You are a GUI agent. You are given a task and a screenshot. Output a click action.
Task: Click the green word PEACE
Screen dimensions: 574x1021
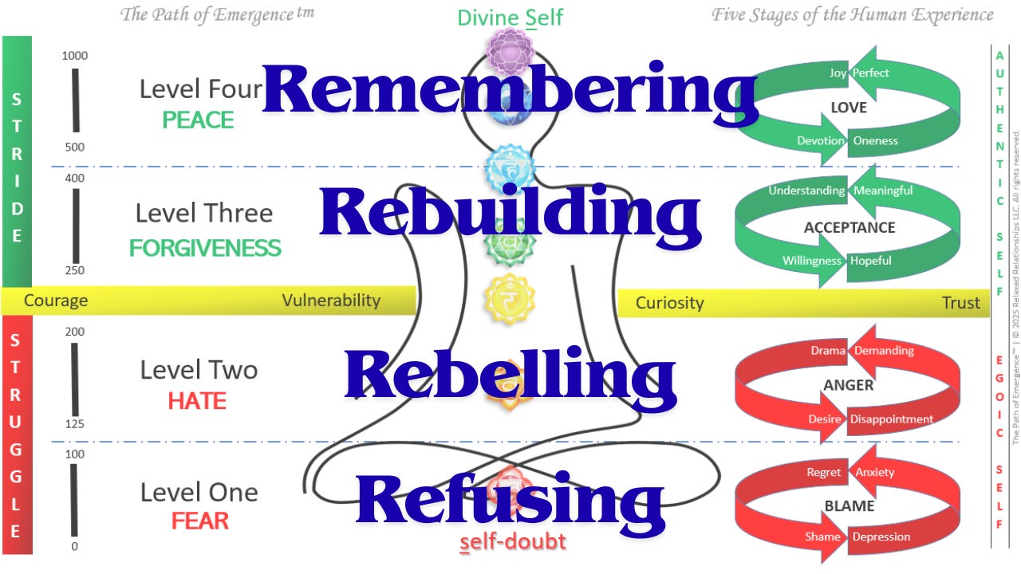198,120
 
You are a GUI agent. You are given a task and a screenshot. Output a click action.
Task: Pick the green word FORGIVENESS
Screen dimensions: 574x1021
205,248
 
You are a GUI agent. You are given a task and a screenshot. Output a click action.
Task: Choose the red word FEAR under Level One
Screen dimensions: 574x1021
199,521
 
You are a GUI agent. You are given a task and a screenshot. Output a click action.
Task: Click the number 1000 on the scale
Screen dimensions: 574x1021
75,56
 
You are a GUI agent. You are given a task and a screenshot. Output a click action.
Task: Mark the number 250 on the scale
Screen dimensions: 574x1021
75,270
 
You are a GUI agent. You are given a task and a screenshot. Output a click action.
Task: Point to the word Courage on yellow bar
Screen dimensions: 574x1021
56,301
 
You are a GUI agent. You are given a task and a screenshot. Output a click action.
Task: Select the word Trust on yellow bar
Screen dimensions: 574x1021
960,303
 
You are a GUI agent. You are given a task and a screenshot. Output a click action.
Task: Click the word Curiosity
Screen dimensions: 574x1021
669,303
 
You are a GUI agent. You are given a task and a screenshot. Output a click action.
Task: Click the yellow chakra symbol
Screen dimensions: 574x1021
510,299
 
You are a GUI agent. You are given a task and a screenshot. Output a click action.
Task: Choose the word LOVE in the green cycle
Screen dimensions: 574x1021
848,108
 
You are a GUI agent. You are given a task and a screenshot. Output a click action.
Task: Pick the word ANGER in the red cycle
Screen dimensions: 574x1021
848,385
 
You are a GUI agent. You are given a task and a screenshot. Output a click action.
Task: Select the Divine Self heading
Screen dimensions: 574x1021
510,18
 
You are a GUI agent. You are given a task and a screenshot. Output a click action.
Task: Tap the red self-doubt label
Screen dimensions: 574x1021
513,542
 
